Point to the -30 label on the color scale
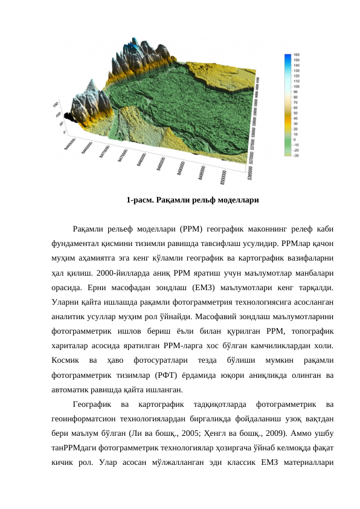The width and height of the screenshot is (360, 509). tap(297, 155)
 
